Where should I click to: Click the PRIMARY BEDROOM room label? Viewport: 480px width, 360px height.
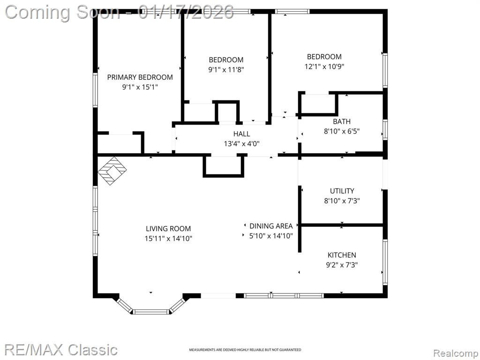(140, 77)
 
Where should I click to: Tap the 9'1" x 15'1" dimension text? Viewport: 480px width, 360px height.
(140, 87)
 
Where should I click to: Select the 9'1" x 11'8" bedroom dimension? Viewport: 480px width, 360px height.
(226, 70)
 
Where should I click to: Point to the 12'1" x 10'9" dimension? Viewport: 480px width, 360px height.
(324, 67)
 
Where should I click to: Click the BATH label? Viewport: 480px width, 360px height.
(342, 121)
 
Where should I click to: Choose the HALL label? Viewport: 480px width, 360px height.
(241, 134)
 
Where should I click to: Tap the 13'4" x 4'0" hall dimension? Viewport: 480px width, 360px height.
(241, 143)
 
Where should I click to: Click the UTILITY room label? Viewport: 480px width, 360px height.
(342, 191)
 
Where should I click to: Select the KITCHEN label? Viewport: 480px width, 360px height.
(342, 255)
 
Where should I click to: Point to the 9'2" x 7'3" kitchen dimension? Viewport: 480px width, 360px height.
(342, 265)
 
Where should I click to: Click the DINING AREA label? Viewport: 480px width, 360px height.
(271, 226)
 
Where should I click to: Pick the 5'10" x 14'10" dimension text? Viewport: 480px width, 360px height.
(271, 236)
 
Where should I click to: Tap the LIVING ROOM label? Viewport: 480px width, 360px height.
(168, 229)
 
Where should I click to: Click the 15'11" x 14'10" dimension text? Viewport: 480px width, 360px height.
(168, 239)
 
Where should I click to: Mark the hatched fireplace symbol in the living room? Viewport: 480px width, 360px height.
(112, 171)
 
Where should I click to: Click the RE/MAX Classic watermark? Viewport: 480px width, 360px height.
(60, 350)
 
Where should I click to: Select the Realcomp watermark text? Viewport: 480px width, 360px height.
(456, 353)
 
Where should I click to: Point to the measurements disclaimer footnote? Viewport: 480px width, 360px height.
(245, 350)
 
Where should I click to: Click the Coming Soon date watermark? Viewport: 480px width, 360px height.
(120, 12)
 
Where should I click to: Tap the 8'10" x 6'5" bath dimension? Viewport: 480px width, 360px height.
(342, 131)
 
